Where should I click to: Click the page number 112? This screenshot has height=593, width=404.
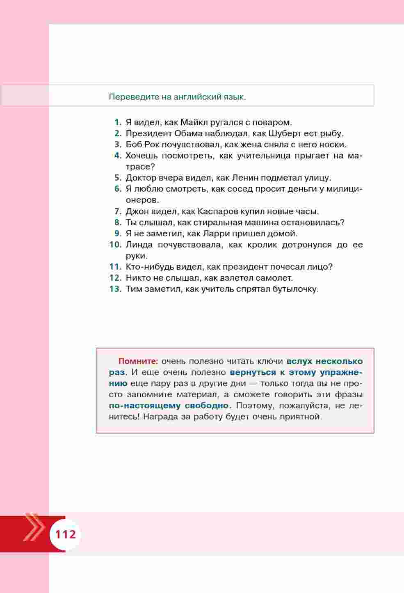[x=66, y=534]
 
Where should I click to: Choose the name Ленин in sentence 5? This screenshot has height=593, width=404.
[x=245, y=178]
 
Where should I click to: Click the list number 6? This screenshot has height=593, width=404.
[x=118, y=189]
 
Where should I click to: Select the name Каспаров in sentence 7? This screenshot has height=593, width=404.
[x=217, y=211]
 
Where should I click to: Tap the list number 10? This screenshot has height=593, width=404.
[x=115, y=245]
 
